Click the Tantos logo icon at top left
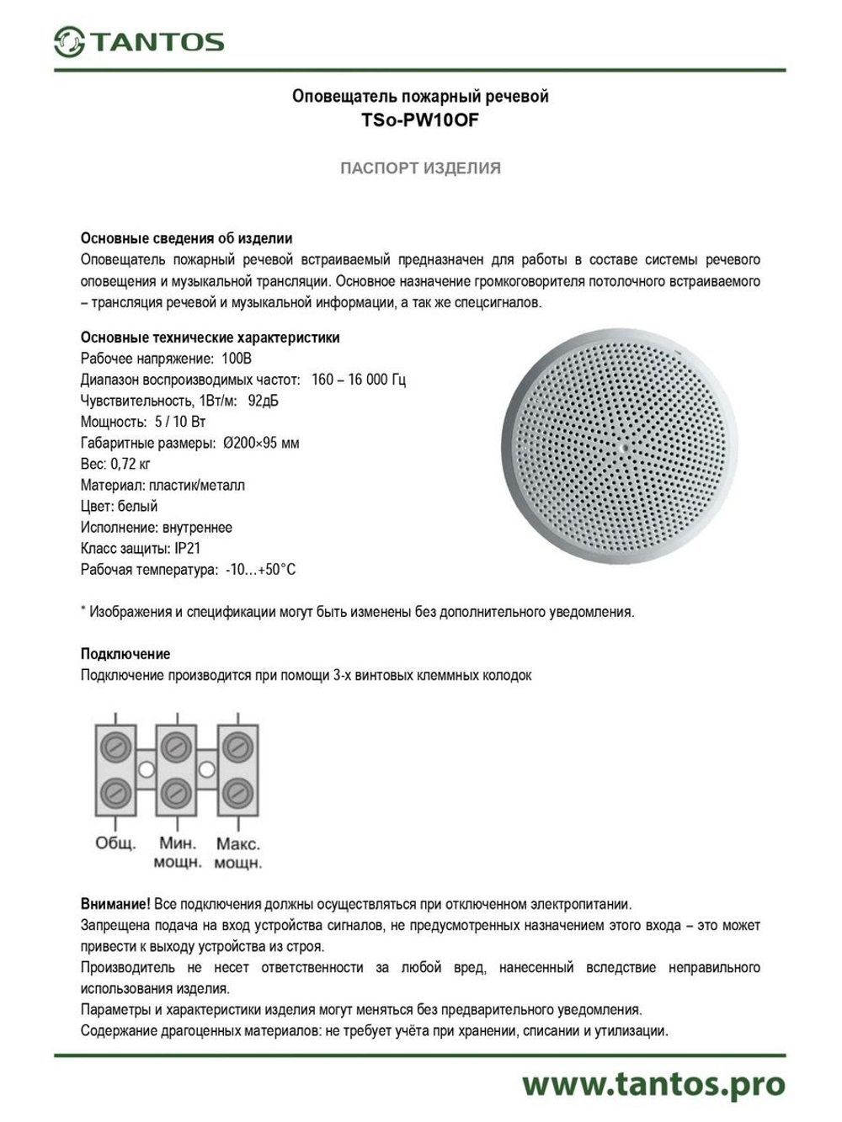[x=69, y=41]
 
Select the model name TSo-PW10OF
[x=420, y=120]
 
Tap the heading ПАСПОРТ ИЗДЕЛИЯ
[x=420, y=168]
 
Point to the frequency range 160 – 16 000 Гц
[x=358, y=380]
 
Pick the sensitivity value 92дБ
[x=263, y=401]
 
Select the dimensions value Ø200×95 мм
[x=261, y=443]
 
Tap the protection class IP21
[x=188, y=549]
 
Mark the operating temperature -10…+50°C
[x=260, y=570]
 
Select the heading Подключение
[x=125, y=654]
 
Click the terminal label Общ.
[x=115, y=843]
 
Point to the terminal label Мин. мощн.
[x=177, y=852]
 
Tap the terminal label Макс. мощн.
[x=238, y=852]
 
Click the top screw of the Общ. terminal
[x=115, y=746]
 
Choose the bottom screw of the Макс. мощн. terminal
[x=238, y=792]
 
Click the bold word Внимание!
[x=115, y=904]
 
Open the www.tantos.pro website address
[x=653, y=1084]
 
